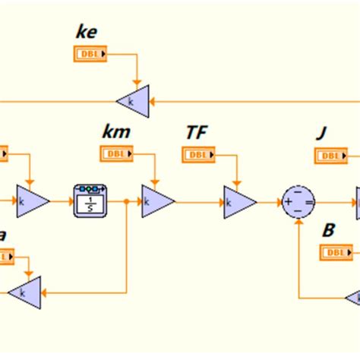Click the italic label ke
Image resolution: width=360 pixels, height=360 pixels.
(x=87, y=33)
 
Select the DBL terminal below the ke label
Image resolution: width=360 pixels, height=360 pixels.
(x=90, y=54)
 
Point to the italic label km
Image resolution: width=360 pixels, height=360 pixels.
(x=115, y=132)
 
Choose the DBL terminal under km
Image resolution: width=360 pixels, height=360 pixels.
(x=116, y=153)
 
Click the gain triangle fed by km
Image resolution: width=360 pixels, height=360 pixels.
(x=157, y=202)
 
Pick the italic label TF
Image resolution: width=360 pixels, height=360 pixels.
(x=197, y=133)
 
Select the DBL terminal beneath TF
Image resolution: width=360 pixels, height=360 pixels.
(x=198, y=154)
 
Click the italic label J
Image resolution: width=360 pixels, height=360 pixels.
(x=321, y=134)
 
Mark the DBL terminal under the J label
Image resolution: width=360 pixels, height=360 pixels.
(x=330, y=156)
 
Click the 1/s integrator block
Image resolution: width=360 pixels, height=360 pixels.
(x=88, y=201)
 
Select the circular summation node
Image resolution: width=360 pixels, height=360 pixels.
(x=298, y=202)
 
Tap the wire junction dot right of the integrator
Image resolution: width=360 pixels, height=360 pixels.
(x=125, y=202)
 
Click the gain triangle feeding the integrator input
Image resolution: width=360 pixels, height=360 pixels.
(x=32, y=202)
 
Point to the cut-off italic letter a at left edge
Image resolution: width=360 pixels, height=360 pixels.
(x=3, y=235)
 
